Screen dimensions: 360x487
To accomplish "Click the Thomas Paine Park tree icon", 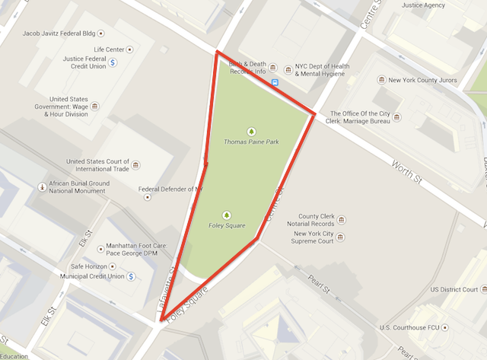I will point(251,131).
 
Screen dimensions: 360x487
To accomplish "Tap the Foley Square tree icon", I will point(226,214).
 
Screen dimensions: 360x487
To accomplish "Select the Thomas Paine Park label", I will point(251,142).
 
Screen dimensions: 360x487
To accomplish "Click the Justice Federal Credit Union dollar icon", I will point(112,62).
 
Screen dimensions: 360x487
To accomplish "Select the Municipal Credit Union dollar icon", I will point(132,276).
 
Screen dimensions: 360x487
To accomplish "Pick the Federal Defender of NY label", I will point(170,189).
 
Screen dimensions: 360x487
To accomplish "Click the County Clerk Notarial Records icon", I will point(341,220).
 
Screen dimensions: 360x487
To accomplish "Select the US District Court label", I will point(454,289).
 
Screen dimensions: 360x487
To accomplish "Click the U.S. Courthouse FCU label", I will point(414,327).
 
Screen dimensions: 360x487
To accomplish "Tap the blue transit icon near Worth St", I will point(275,81).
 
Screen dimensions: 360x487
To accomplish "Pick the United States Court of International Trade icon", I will point(135,165).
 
